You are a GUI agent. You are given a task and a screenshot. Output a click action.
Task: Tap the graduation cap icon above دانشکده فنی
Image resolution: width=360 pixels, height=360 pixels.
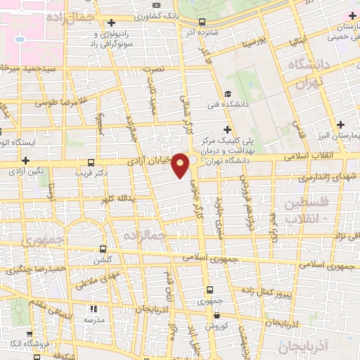tap(227, 94)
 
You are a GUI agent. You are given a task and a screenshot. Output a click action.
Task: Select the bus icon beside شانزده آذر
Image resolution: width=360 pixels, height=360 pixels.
tap(202, 22)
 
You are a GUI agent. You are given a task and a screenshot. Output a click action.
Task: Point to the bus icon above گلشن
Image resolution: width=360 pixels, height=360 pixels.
tap(104, 249)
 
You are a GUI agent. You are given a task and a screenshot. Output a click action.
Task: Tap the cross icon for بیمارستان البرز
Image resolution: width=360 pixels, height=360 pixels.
tap(352, 124)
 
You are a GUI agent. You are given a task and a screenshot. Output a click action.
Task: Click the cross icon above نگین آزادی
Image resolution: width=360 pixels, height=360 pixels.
tap(26, 160)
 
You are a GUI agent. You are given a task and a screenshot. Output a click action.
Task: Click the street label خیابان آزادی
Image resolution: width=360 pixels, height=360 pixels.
tap(150, 161)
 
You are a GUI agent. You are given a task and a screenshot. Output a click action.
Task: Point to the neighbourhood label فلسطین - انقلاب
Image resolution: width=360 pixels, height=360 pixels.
tap(305, 210)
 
